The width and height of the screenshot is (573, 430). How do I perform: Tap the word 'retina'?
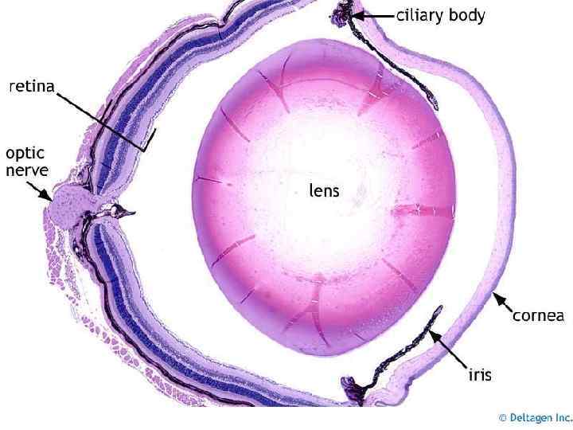pos(32,87)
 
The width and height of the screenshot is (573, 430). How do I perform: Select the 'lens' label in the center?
pos(324,190)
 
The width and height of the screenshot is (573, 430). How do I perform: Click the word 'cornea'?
pos(538,316)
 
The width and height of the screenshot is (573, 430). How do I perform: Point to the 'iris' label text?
pos(478,373)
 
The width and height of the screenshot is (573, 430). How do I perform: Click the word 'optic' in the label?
pos(25,153)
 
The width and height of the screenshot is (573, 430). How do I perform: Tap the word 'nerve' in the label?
pos(27,170)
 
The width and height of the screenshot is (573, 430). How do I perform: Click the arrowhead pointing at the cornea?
pos(497,299)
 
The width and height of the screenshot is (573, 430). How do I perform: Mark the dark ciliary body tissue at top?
pos(343,14)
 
